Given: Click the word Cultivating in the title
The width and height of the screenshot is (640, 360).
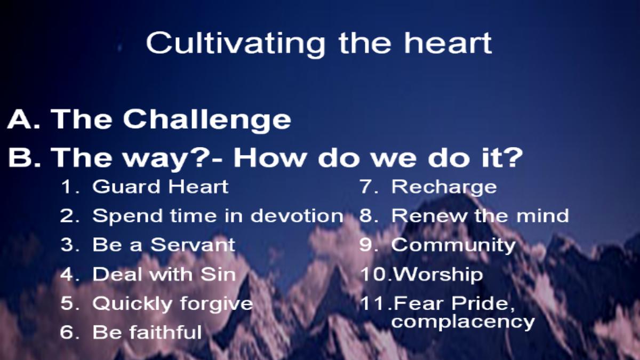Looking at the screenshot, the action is [x=235, y=43].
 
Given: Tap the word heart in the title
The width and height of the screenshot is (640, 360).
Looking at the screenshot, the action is [x=447, y=43].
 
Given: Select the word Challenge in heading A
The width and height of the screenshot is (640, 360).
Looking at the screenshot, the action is [x=207, y=120].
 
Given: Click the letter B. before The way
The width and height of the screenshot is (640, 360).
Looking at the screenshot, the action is [x=25, y=158].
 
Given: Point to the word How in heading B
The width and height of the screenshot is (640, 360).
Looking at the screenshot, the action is [x=269, y=158].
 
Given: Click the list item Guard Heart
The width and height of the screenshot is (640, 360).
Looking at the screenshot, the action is [x=161, y=187].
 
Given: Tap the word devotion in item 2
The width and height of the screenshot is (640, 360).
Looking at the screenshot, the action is [x=297, y=215].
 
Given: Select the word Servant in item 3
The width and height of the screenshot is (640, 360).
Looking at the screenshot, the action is [x=193, y=245].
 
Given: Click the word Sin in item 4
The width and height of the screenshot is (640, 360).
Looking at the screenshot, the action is [x=218, y=274].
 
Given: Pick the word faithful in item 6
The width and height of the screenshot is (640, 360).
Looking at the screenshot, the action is [x=165, y=332].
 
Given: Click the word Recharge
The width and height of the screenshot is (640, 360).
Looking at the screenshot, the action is [x=444, y=188].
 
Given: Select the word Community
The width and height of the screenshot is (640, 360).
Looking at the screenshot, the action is [x=453, y=246].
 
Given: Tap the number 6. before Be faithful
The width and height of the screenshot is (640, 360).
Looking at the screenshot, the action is [x=70, y=332].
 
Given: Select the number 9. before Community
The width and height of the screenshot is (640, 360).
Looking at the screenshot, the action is [x=369, y=245].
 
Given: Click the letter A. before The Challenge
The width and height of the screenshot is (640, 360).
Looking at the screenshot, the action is [x=23, y=119].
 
